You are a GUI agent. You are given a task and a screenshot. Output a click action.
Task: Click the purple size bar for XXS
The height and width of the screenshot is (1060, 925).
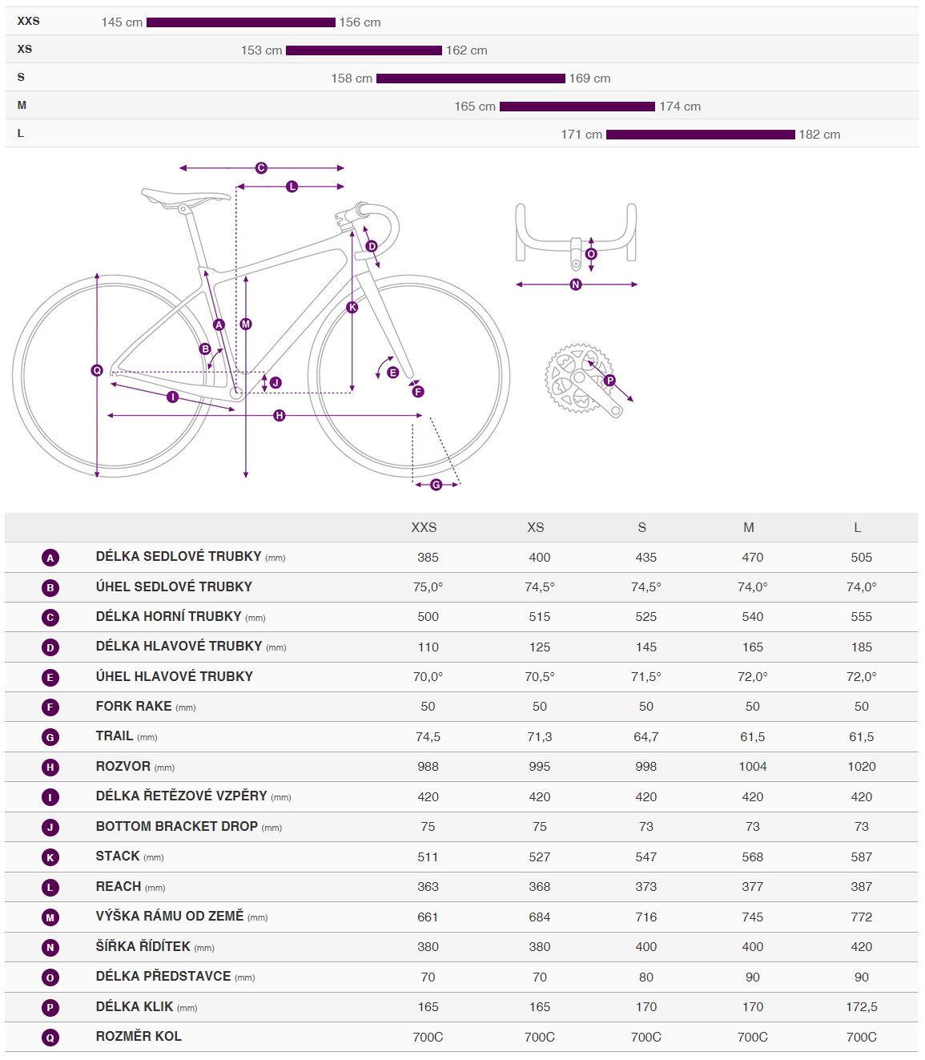(x=241, y=22)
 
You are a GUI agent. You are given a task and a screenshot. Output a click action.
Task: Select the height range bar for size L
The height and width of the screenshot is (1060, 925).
(x=700, y=135)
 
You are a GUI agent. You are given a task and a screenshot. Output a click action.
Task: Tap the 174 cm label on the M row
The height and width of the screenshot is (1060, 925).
(x=679, y=107)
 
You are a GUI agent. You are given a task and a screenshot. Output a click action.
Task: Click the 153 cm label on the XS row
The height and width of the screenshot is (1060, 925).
(x=262, y=50)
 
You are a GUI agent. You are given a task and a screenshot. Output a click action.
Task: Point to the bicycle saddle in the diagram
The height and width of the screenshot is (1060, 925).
(x=186, y=195)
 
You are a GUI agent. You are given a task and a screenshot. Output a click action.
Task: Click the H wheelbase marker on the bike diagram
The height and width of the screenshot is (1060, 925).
(x=280, y=416)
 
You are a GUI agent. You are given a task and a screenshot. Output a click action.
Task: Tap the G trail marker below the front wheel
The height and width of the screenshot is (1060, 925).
(x=436, y=485)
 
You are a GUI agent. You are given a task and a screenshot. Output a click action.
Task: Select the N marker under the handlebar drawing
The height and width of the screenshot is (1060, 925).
(x=575, y=284)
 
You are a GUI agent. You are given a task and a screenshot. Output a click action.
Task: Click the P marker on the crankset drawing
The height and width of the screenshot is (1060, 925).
(x=609, y=381)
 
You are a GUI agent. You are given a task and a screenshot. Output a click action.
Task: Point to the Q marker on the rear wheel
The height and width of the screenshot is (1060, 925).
(x=97, y=370)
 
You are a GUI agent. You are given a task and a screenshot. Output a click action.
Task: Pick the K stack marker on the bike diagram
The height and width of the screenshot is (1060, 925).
(x=352, y=307)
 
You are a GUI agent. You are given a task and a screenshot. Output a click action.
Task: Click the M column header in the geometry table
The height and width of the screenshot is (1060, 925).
(x=748, y=527)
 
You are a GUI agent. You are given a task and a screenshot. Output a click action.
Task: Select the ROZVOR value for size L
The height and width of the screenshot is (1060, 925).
(x=861, y=766)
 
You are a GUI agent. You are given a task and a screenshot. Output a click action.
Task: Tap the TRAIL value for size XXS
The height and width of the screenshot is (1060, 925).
(x=428, y=737)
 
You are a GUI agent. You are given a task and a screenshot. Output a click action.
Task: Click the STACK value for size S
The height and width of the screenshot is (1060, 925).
(x=645, y=857)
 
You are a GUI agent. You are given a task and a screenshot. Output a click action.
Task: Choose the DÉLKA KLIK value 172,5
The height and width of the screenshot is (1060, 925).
(x=861, y=1006)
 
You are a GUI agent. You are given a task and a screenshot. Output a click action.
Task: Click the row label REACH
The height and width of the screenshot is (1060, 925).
(x=119, y=886)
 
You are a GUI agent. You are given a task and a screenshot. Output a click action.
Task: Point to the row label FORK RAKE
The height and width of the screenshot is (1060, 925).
(x=134, y=706)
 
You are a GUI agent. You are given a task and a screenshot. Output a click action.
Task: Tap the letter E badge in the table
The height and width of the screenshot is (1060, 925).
(x=50, y=677)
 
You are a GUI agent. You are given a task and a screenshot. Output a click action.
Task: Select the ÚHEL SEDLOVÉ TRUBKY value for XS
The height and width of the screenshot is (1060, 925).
(x=539, y=587)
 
